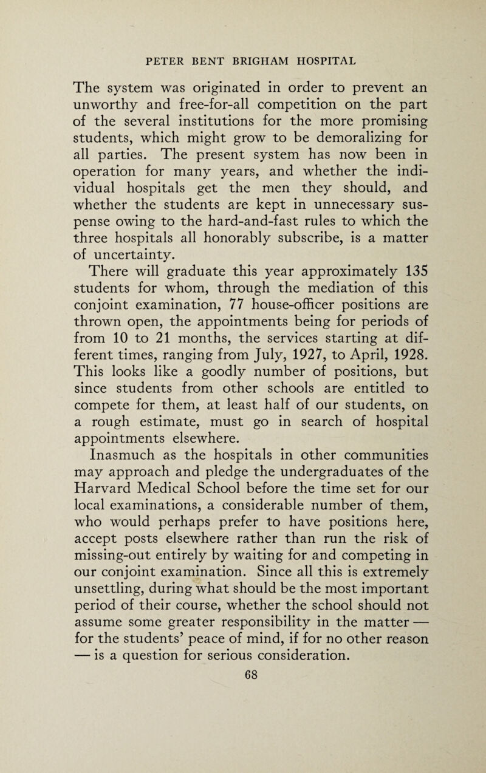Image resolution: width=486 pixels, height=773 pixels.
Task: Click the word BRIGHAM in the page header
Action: pyautogui.click(x=258, y=60)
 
